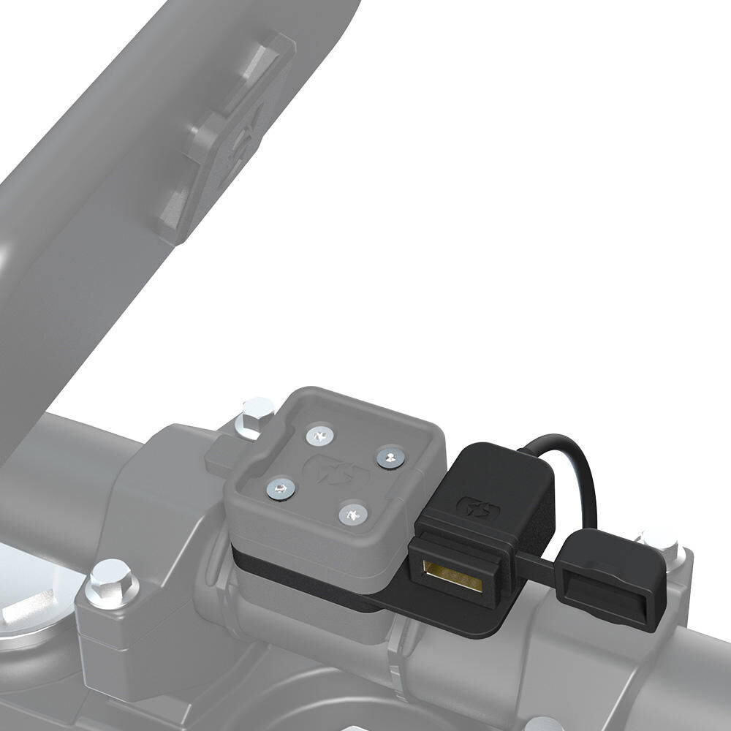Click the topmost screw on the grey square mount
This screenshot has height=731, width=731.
319,436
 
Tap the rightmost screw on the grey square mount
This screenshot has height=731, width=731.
391,458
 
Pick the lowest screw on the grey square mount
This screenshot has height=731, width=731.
353,515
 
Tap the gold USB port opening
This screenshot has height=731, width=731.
453,576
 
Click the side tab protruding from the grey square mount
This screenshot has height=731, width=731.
219,458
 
